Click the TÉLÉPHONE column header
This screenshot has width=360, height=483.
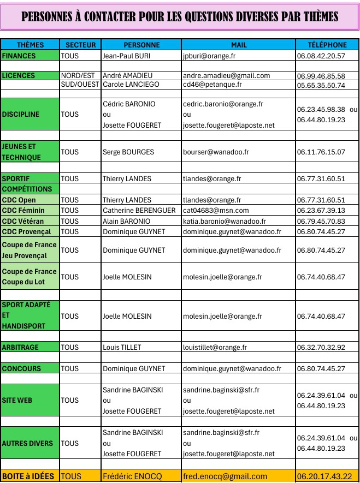tap(327, 45)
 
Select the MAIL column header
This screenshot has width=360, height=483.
tap(239, 45)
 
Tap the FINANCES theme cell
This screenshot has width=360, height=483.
tap(19, 56)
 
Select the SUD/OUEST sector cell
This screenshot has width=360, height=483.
tap(80, 85)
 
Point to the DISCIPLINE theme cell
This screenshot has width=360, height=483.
tap(21, 115)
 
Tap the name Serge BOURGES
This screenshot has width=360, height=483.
tap(128, 152)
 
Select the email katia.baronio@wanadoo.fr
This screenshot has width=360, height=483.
tap(225, 221)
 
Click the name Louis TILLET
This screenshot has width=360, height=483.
tap(122, 347)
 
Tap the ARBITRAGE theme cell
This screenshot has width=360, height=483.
tap(20, 347)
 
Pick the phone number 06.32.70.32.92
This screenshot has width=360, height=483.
tap(321, 347)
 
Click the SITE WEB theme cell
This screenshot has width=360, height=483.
tap(17, 400)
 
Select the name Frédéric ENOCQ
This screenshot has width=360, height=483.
tap(131, 476)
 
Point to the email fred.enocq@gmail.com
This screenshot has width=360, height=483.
tap(225, 476)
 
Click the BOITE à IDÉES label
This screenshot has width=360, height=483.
tap(28, 476)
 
